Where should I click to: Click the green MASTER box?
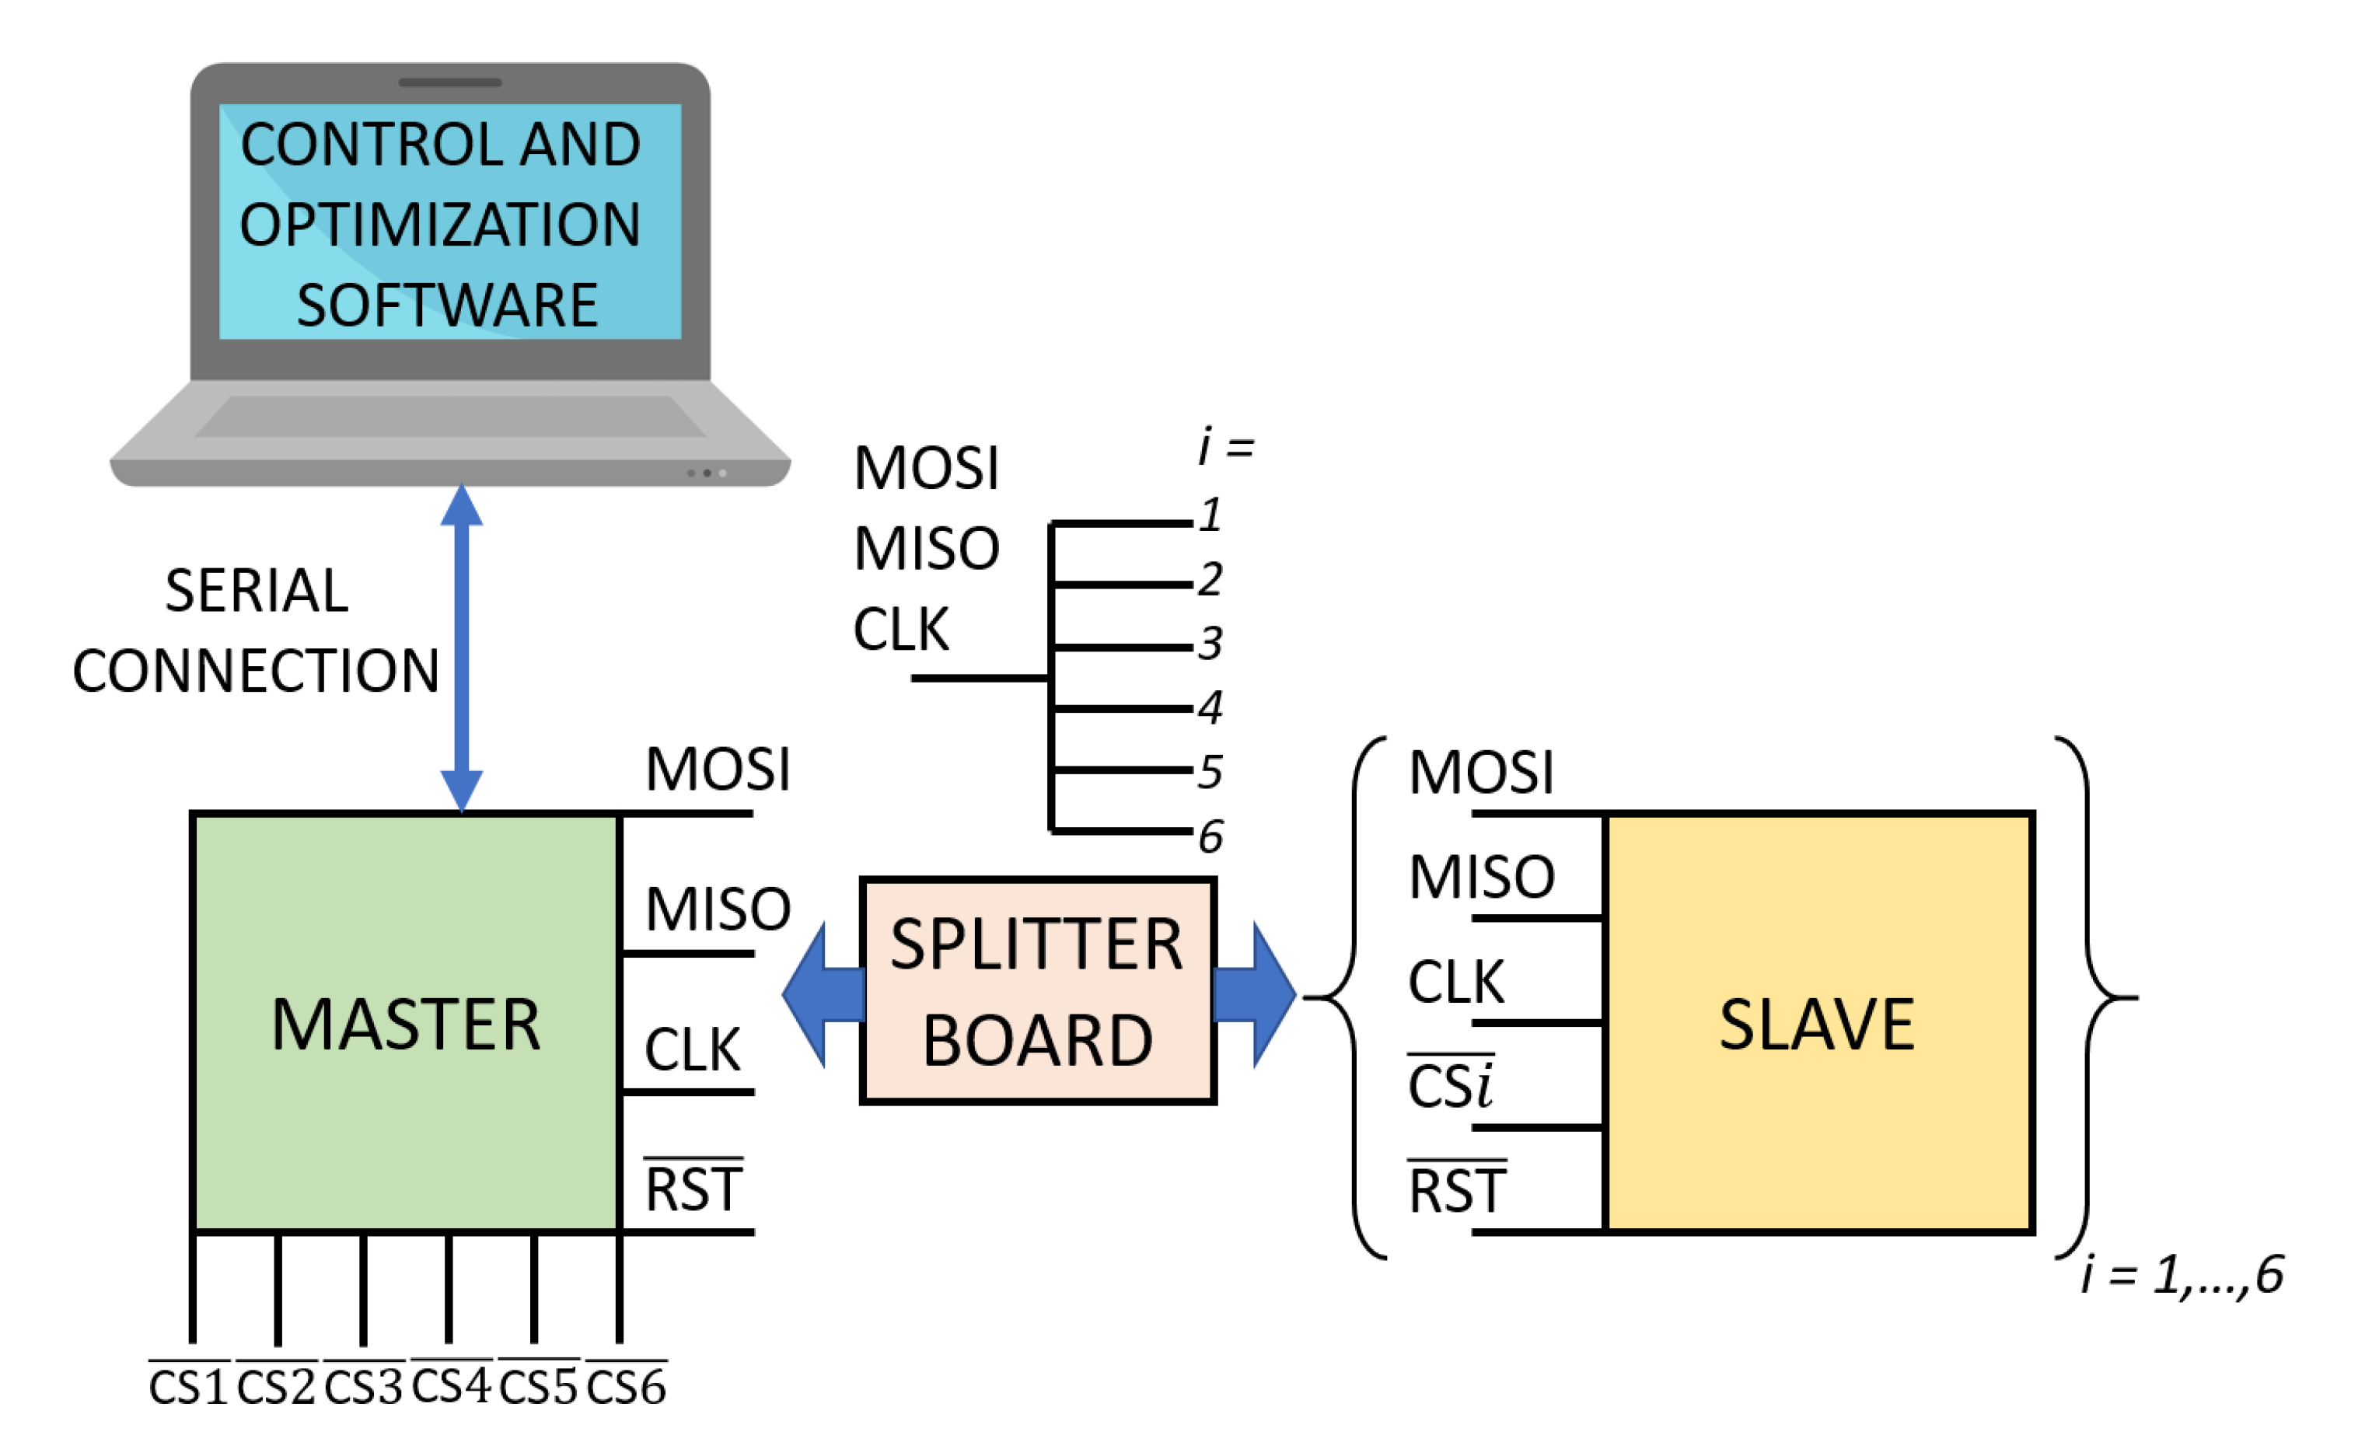click(405, 1022)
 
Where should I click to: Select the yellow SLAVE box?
click(1818, 1022)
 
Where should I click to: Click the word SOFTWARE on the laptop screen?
click(447, 306)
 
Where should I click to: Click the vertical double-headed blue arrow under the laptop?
click(462, 648)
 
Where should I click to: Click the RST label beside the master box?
click(693, 1189)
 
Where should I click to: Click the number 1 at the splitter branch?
click(1210, 515)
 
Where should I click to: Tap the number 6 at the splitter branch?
click(1210, 836)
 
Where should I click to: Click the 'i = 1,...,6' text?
click(2182, 1275)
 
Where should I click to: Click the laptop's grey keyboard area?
click(449, 417)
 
